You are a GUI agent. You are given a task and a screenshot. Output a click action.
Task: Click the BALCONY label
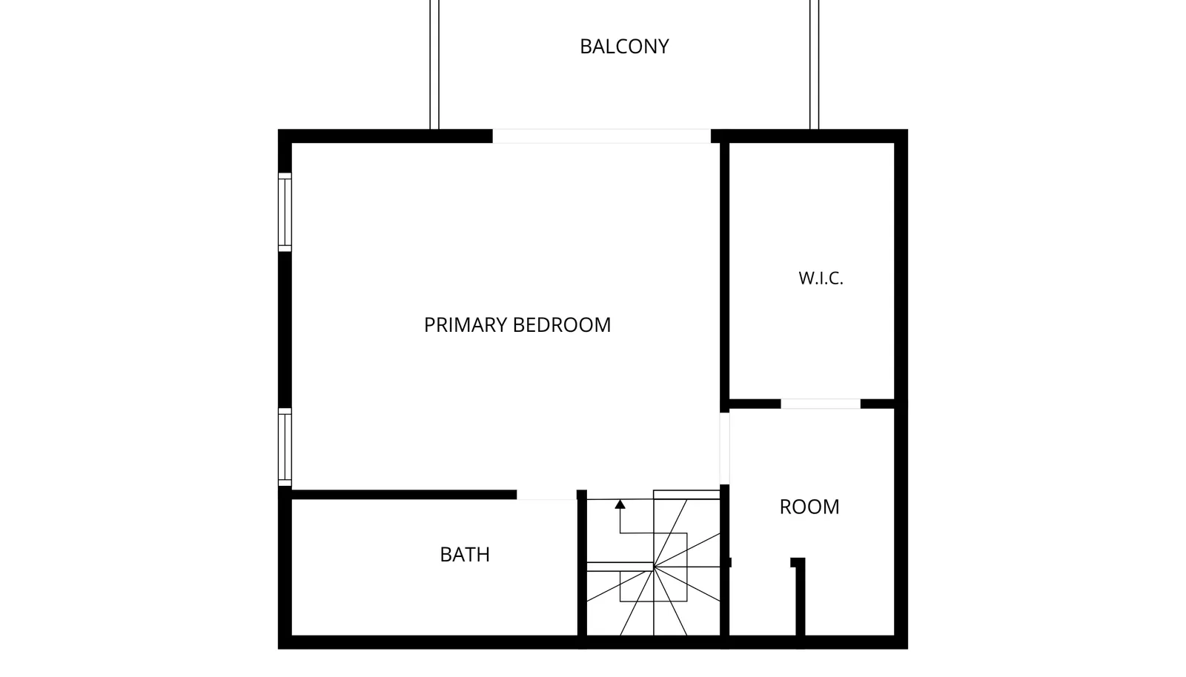click(624, 47)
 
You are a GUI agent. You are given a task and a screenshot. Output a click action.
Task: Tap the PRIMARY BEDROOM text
click(517, 324)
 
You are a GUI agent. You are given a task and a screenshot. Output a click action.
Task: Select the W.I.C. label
click(821, 279)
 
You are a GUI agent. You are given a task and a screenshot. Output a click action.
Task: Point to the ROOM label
click(809, 507)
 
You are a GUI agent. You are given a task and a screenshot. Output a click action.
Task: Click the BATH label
click(465, 554)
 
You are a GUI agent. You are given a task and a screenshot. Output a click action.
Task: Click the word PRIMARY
click(466, 324)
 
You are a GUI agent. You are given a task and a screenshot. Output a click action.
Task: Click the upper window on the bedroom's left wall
click(285, 212)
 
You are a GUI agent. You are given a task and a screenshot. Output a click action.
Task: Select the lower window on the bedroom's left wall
click(285, 447)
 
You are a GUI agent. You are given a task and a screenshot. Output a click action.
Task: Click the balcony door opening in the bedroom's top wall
click(601, 136)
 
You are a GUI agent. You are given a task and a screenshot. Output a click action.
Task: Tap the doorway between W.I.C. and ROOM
click(821, 404)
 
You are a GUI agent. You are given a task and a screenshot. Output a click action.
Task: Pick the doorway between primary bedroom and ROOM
click(724, 449)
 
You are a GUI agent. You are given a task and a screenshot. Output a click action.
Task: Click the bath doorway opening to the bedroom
click(546, 495)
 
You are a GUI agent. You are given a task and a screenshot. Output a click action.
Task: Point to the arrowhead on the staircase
click(620, 504)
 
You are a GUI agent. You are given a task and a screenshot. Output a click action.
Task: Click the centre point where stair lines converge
click(654, 567)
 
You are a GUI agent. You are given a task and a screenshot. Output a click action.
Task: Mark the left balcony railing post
click(434, 64)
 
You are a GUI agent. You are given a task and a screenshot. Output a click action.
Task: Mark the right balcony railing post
click(815, 64)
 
